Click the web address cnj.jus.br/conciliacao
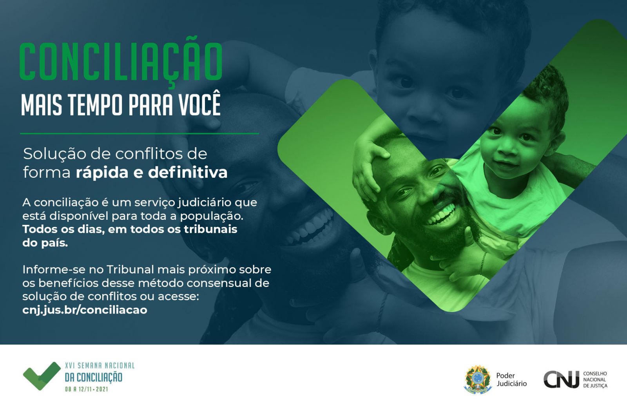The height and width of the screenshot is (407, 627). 85,310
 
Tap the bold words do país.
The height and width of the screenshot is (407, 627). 45,243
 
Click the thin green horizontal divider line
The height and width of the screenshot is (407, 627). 140,134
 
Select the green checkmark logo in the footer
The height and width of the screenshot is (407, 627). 42,376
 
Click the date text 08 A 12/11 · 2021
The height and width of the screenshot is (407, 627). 87,389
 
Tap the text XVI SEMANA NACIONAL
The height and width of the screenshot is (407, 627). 100,365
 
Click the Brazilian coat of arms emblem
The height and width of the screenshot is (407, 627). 478,379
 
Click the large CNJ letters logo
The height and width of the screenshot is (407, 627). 561,379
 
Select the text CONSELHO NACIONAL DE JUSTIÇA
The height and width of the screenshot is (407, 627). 595,380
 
